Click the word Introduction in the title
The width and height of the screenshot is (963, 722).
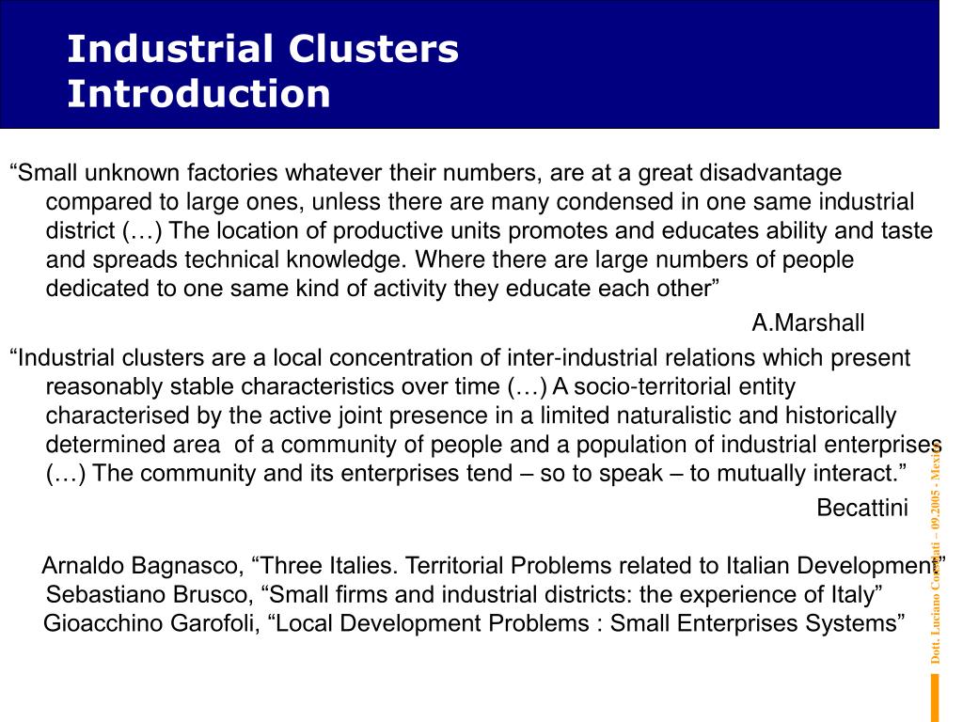[198, 94]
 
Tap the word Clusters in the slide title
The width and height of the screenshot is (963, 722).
[374, 49]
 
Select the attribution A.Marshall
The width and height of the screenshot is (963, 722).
[808, 323]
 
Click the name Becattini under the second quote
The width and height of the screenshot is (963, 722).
[862, 509]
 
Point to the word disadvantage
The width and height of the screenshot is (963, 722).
[773, 174]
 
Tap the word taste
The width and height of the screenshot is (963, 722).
[908, 230]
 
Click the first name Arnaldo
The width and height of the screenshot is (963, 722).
[83, 566]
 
